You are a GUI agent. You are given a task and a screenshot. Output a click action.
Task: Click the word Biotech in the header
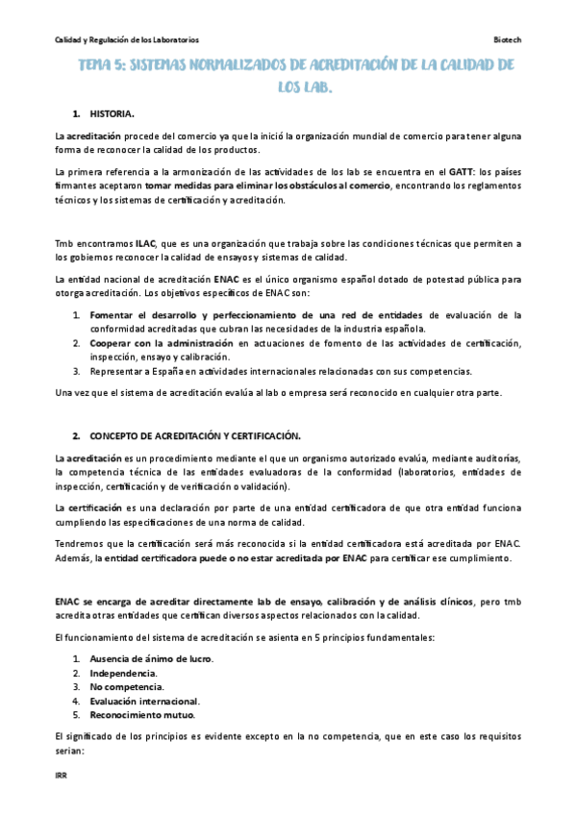[x=507, y=40]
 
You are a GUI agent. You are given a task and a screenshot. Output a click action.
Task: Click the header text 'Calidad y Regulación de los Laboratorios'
[x=127, y=40]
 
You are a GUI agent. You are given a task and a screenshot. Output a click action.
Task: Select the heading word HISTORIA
[x=114, y=114]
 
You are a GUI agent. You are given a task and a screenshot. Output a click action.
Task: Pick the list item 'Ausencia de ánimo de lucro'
[x=151, y=658]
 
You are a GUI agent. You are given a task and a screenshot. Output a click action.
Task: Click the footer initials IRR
[x=61, y=772]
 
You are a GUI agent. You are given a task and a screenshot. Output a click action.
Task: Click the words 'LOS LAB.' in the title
[x=306, y=86]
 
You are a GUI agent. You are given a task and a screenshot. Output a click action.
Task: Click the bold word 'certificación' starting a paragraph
[x=93, y=507]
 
